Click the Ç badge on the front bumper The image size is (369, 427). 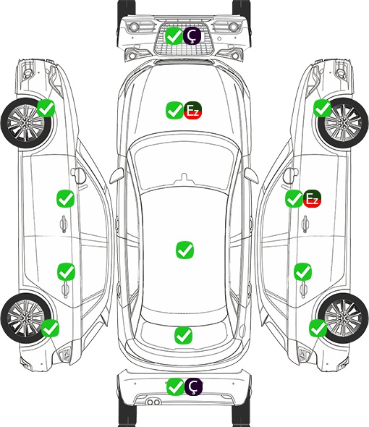click(192, 35)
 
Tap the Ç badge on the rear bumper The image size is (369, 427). click(193, 386)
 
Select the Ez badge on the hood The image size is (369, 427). click(192, 110)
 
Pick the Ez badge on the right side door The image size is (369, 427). click(312, 198)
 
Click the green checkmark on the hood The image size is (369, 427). click(174, 110)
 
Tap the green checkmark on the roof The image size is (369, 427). click(185, 250)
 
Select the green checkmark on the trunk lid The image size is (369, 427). click(183, 335)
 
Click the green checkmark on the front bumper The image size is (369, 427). click(174, 35)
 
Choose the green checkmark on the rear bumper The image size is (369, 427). click(175, 386)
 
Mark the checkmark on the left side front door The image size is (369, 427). click(65, 198)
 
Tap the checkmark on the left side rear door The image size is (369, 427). click(66, 271)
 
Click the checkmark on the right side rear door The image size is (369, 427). click(303, 271)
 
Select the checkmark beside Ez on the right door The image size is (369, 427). click(294, 198)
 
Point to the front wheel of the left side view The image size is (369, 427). click(27, 123)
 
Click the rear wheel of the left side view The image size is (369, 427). click(26, 318)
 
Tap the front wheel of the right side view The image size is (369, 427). click(343, 123)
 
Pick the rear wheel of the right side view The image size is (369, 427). click(343, 318)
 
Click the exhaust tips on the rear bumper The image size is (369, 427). click(153, 402)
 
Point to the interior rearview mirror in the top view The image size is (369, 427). click(184, 178)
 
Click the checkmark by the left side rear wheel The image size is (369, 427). click(51, 328)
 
